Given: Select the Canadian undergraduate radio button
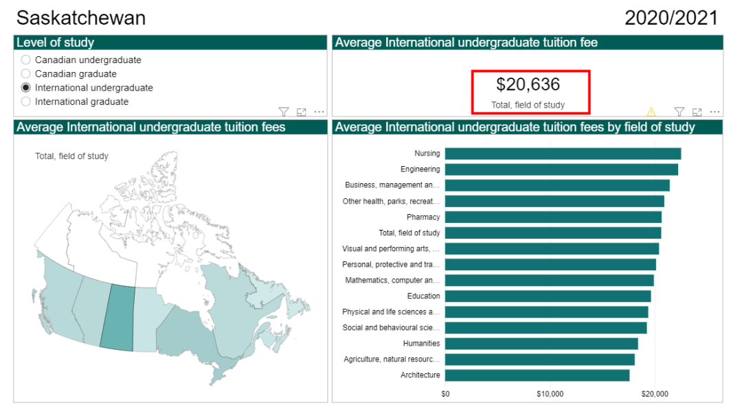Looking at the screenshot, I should (26, 60).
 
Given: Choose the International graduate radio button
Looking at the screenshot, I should (26, 102).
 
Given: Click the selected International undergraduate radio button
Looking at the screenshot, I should (26, 88).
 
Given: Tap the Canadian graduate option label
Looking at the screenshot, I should (76, 73).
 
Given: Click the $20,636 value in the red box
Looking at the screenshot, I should (528, 84).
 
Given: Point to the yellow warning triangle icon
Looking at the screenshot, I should (651, 111).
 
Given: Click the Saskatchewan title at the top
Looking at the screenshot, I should (81, 18).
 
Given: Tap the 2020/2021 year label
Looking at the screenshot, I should (671, 18).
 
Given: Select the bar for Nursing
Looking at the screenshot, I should (563, 154).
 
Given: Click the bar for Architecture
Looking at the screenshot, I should (537, 375).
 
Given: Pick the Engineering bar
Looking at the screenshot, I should (561, 169).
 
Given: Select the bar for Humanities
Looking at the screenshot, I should (541, 344).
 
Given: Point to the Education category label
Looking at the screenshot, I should (423, 296).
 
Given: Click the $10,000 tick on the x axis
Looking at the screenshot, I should (550, 394).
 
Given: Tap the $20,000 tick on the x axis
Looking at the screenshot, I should (655, 394).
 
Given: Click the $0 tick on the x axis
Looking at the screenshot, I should (445, 394).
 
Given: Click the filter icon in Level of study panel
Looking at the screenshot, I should (283, 111).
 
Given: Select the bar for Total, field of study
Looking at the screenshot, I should (553, 233).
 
